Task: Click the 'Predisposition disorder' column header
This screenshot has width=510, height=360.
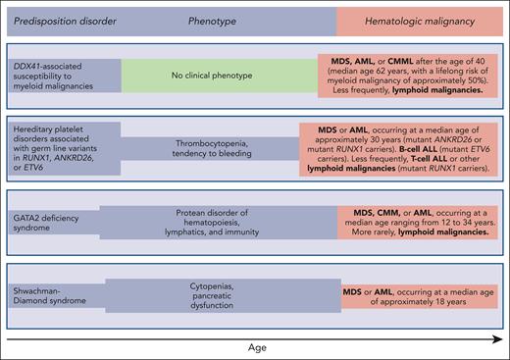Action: pyautogui.click(x=62, y=18)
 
